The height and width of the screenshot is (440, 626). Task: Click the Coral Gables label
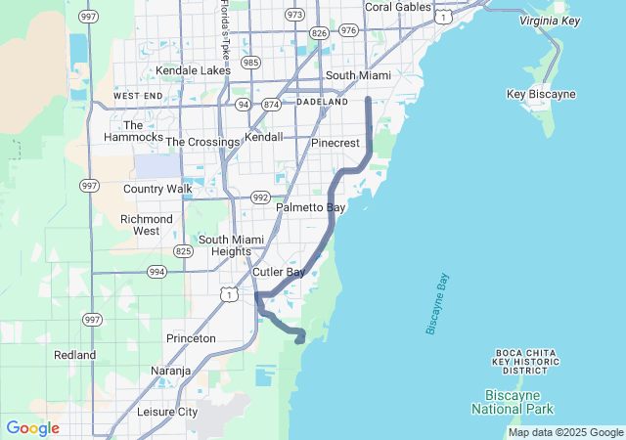(x=397, y=7)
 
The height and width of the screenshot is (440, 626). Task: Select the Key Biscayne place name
(x=541, y=94)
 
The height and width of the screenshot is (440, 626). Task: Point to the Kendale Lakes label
(x=193, y=70)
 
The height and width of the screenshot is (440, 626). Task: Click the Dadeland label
(x=322, y=102)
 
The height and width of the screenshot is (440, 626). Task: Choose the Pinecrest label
(x=335, y=142)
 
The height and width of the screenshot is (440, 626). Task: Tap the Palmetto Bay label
(x=310, y=208)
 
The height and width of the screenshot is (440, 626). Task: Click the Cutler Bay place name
(x=279, y=272)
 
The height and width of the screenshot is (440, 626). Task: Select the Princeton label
(x=191, y=338)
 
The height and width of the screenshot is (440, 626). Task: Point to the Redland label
(x=75, y=355)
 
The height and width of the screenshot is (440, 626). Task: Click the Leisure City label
(x=167, y=412)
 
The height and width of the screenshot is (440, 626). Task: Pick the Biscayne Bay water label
(x=437, y=304)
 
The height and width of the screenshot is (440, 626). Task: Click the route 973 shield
(x=293, y=15)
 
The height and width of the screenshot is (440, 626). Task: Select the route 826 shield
(x=319, y=32)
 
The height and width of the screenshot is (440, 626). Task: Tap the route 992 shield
(x=260, y=197)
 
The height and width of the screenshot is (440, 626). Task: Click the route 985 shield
(x=251, y=63)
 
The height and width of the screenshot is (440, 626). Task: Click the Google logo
(x=32, y=428)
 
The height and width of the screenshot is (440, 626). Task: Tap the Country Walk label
(x=157, y=189)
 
